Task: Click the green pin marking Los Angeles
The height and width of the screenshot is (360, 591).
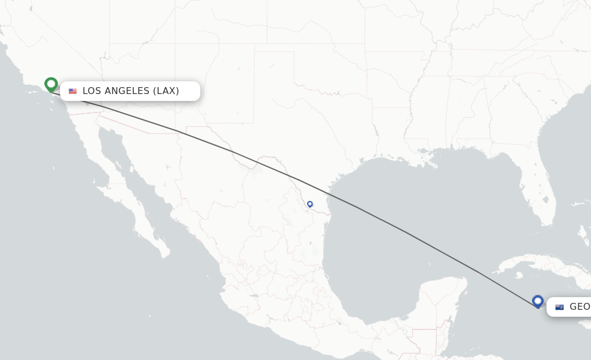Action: (x=51, y=84)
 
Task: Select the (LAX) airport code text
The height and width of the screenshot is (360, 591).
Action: (x=166, y=91)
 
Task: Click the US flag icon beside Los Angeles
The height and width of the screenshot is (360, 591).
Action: (x=73, y=91)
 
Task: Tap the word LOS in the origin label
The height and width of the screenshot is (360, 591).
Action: (x=91, y=91)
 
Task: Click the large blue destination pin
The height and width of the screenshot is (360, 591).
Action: (x=538, y=301)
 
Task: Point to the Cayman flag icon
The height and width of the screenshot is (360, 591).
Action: (x=559, y=307)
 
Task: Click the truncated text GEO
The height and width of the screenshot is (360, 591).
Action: (x=579, y=306)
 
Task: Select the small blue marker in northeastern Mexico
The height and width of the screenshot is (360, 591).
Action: (x=310, y=204)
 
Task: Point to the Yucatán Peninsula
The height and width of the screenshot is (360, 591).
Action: (x=444, y=300)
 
